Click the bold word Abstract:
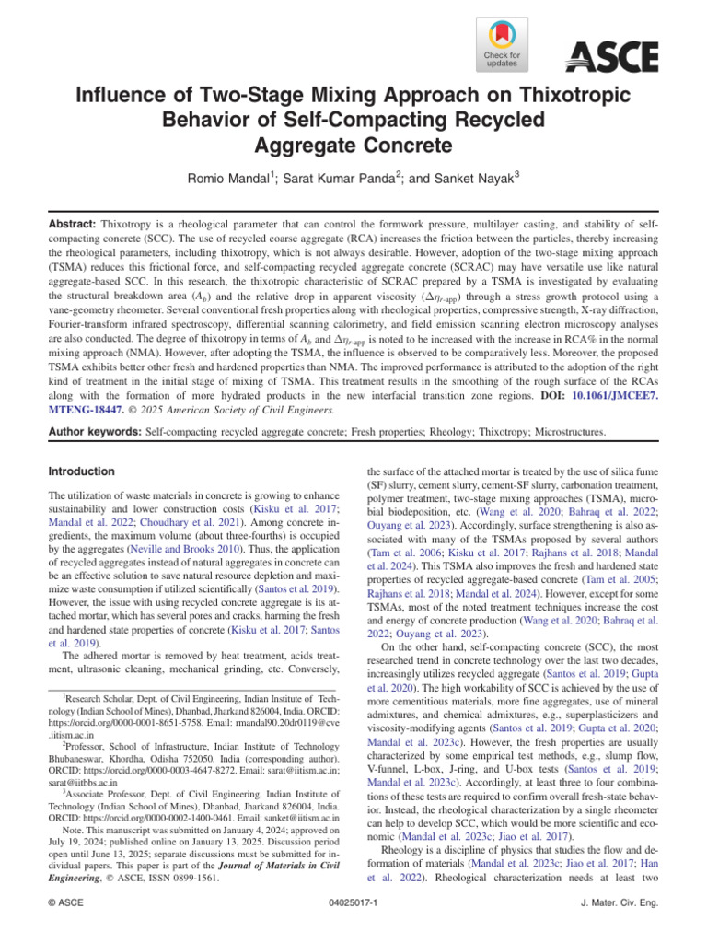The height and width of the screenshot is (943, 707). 73,224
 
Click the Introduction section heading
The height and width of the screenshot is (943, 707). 81,471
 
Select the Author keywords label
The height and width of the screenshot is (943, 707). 94,431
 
